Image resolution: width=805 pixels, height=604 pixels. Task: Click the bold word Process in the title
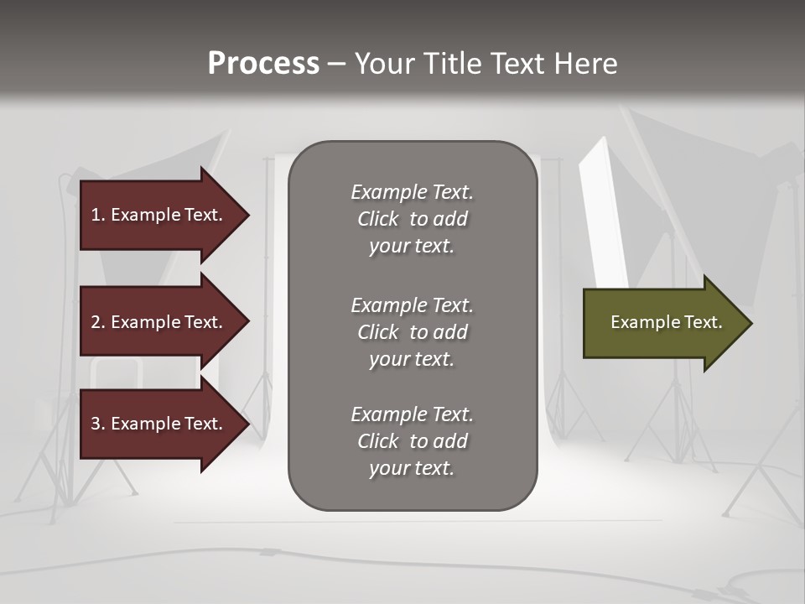(263, 64)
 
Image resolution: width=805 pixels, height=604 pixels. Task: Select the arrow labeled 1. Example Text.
(159, 215)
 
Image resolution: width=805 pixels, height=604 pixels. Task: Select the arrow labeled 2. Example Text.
(159, 322)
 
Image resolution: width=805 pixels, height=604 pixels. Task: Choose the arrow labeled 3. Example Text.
(159, 424)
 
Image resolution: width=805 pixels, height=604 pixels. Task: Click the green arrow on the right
(662, 323)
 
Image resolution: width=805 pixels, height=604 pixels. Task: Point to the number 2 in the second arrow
(96, 322)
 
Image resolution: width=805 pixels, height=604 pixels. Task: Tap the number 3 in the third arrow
(96, 424)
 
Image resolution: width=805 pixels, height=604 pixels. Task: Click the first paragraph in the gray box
(412, 219)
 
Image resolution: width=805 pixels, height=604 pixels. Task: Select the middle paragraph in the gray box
(412, 331)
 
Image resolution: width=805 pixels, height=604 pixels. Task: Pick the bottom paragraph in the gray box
(412, 441)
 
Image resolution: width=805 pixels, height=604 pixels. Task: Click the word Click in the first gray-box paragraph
(378, 219)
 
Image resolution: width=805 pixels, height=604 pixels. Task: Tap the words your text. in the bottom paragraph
(412, 468)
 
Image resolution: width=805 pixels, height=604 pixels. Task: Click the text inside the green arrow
(667, 322)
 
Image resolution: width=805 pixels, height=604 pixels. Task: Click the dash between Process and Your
(336, 64)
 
